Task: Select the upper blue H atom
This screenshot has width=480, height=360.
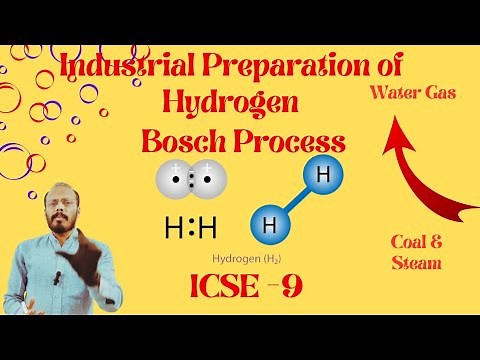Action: pyautogui.click(x=320, y=176)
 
